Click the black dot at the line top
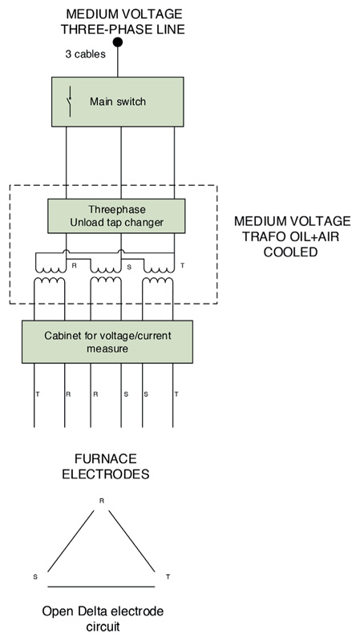(118, 42)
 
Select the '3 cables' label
(86, 54)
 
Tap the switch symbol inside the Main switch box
(70, 102)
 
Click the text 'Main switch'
(118, 102)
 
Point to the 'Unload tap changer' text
(116, 223)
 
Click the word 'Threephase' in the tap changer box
(117, 210)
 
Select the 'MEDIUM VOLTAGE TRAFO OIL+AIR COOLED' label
(292, 236)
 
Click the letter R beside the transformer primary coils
(74, 265)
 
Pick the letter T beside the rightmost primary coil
(182, 265)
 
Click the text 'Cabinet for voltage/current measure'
(107, 342)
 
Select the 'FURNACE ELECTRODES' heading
(106, 466)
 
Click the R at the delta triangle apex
(102, 500)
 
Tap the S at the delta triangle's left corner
(35, 577)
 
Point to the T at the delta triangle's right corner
(168, 577)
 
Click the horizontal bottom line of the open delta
(102, 587)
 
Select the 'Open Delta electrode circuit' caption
(103, 619)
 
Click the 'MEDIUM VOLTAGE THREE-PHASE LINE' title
(123, 22)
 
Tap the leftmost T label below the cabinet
(38, 394)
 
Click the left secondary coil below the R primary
(49, 281)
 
